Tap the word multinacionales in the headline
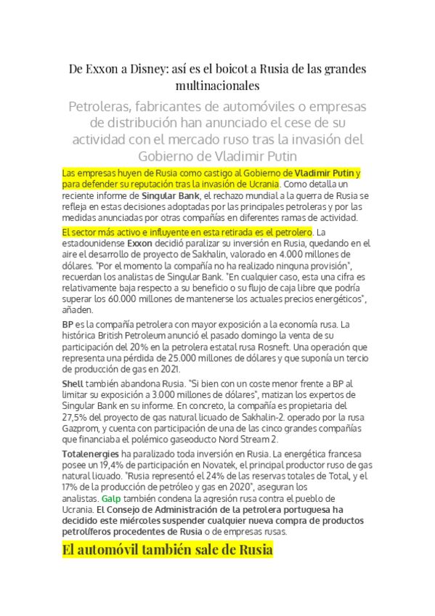click(217, 86)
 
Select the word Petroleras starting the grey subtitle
click(99, 107)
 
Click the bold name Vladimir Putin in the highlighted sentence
click(324, 174)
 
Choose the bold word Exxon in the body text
click(139, 243)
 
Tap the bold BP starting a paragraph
click(68, 324)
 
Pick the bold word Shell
click(73, 383)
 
